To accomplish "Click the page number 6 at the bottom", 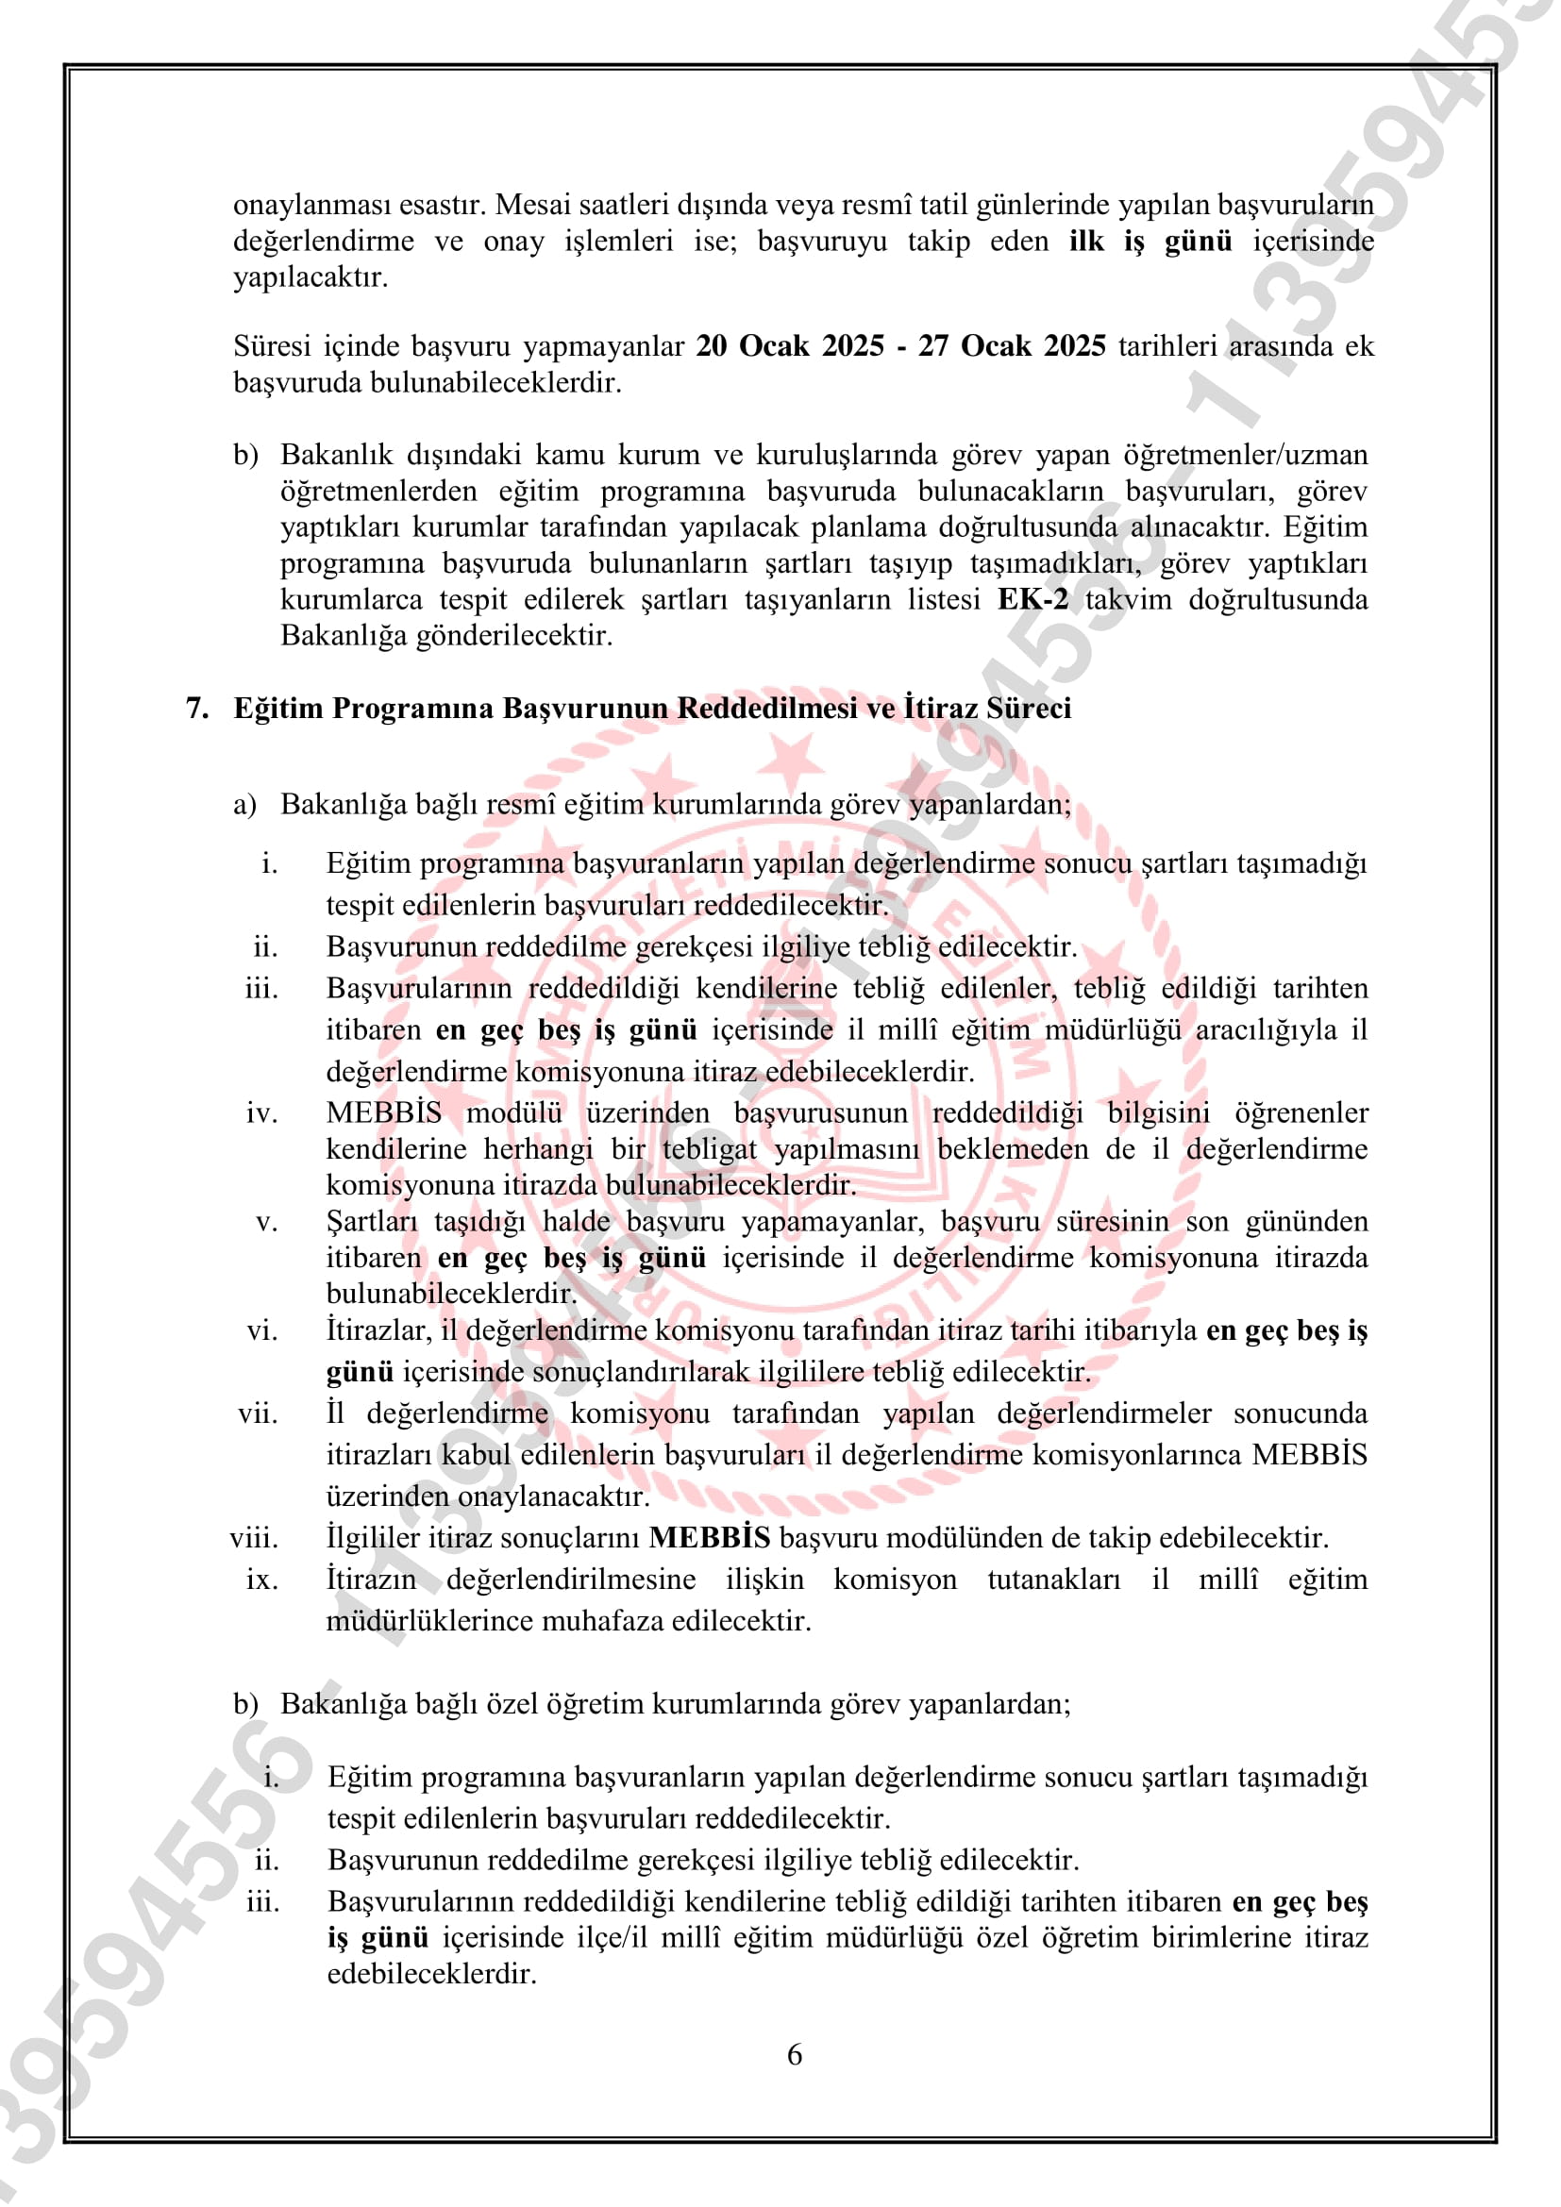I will click(794, 2054).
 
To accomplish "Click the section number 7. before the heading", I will click(197, 709).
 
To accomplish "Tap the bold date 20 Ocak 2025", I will click(789, 346).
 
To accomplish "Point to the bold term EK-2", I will click(1032, 599).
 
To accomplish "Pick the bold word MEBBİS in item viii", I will click(710, 1537).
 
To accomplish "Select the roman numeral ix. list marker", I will click(261, 1580).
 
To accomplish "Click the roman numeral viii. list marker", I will click(255, 1537).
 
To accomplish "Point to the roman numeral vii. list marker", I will click(258, 1413).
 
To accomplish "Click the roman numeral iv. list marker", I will click(261, 1113).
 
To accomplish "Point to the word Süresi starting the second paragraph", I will click(272, 346).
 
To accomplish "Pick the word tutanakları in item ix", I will click(1053, 1580).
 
